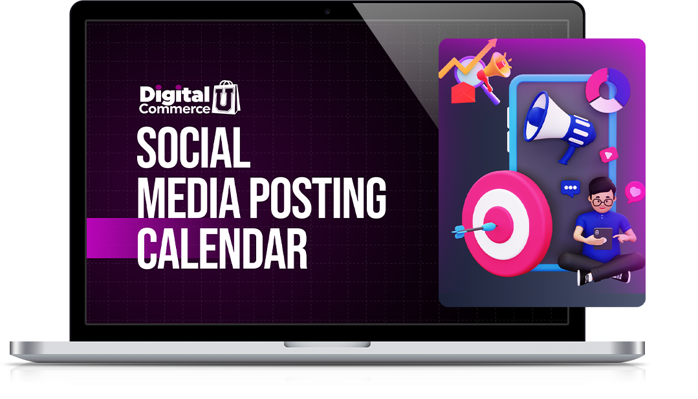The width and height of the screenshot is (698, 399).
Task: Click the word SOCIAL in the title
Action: tap(193, 147)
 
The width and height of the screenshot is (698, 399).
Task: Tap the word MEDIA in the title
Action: tap(189, 198)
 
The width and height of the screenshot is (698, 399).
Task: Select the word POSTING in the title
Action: tap(318, 198)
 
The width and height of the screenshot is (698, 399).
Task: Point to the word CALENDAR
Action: tap(222, 249)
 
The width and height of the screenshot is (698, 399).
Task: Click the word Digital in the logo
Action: tap(175, 95)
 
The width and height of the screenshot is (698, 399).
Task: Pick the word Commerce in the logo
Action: tap(175, 109)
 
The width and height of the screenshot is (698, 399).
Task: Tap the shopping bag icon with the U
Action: tap(226, 98)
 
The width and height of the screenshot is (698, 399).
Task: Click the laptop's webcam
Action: tap(327, 11)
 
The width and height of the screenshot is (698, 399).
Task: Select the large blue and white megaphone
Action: tap(558, 126)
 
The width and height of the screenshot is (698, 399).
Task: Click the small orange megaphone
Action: tap(496, 69)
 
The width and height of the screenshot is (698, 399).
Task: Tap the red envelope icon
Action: tap(463, 92)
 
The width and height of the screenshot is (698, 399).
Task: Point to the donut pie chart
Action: tap(607, 91)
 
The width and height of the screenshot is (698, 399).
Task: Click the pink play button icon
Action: tap(609, 155)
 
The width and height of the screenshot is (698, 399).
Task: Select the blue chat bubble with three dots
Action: tap(571, 188)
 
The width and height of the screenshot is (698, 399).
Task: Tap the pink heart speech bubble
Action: tap(635, 191)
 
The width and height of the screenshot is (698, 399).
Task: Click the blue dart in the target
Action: tap(475, 230)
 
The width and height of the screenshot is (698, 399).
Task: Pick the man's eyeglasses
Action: tap(602, 202)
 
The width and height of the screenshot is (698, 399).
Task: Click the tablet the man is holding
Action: tap(602, 237)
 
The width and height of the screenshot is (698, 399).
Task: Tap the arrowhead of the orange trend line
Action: tap(492, 43)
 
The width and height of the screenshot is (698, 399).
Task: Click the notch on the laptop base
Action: tap(327, 344)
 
